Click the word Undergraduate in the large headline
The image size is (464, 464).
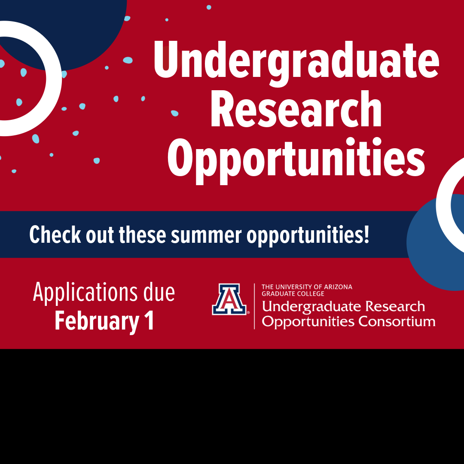pyautogui.click(x=296, y=62)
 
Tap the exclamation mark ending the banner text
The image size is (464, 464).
pyautogui.click(x=366, y=234)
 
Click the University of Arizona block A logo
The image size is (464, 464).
pyautogui.click(x=229, y=299)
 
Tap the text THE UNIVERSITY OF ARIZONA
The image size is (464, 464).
pyautogui.click(x=307, y=287)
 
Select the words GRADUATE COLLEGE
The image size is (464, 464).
pyautogui.click(x=293, y=294)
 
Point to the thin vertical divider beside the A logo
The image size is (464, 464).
pyautogui.click(x=254, y=306)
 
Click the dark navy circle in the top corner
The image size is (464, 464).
pyautogui.click(x=86, y=26)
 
